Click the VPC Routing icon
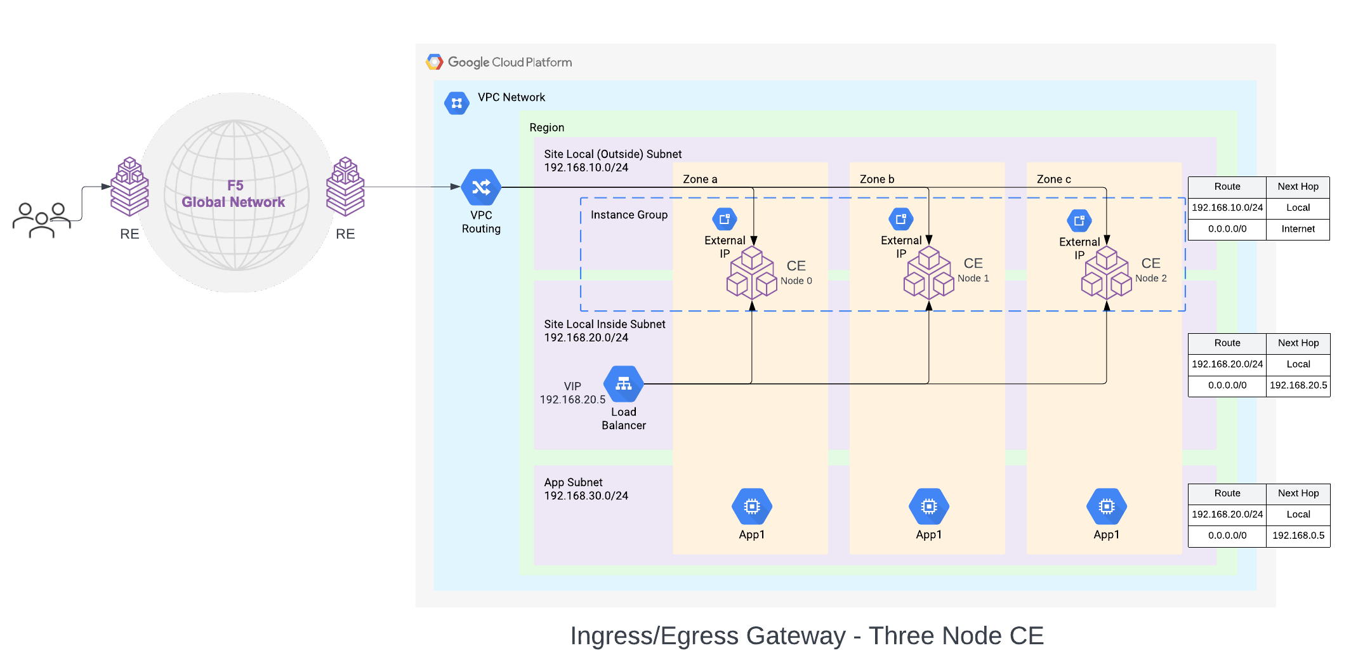point(481,187)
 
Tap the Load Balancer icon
point(623,384)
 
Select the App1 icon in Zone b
point(928,506)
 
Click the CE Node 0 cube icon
point(751,274)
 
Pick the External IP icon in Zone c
point(1079,221)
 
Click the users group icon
point(42,220)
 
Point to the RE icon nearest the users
point(129,187)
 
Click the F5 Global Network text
point(234,194)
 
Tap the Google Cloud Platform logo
point(435,62)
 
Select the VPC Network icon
point(456,103)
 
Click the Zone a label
point(700,180)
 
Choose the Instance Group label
point(629,215)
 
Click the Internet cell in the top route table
point(1298,229)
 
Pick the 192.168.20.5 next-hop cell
point(1298,385)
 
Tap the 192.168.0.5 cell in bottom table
point(1298,536)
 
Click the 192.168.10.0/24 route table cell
point(1227,208)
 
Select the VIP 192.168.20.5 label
point(572,393)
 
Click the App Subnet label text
point(573,482)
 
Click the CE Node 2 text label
point(1150,270)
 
